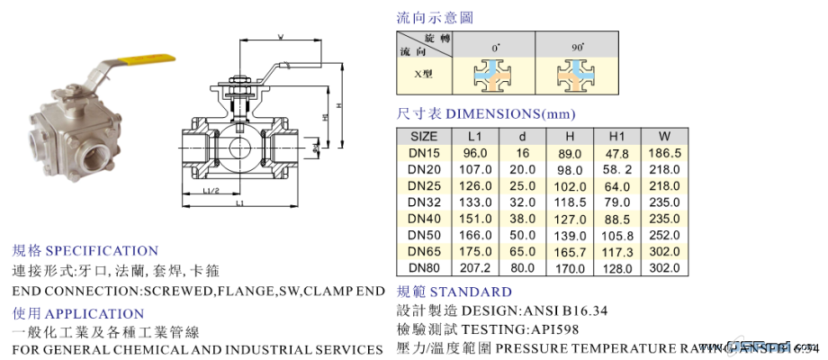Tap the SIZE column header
[x=423, y=136]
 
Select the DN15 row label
[x=423, y=153]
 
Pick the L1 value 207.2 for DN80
[x=473, y=267]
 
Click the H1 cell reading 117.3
[x=616, y=251]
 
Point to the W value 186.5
[x=664, y=153]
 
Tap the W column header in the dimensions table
[x=664, y=136]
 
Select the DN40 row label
[x=423, y=218]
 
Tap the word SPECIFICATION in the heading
[x=102, y=251]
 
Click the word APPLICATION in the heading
[x=94, y=313]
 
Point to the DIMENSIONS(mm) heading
[x=510, y=114]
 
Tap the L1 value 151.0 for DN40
[x=473, y=218]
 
